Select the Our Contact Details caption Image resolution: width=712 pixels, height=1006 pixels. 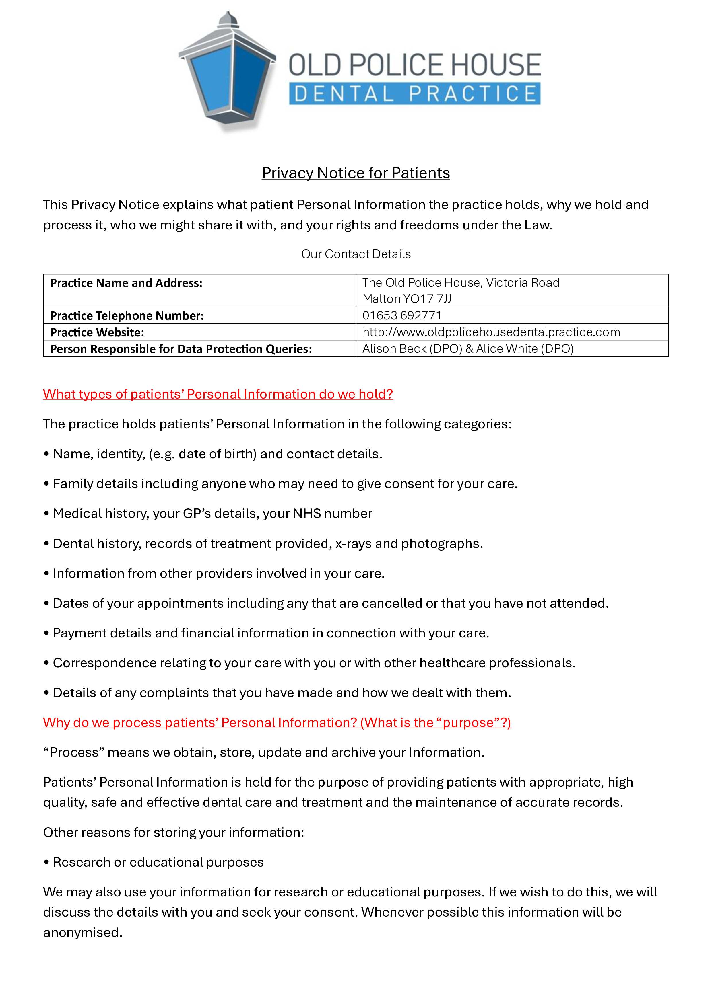pyautogui.click(x=356, y=254)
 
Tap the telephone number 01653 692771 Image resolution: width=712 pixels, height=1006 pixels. pyautogui.click(x=401, y=315)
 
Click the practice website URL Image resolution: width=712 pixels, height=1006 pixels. pyautogui.click(x=491, y=332)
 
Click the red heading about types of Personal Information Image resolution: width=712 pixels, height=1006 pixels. pyautogui.click(x=218, y=394)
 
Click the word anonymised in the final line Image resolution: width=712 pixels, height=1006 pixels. pyautogui.click(x=82, y=932)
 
